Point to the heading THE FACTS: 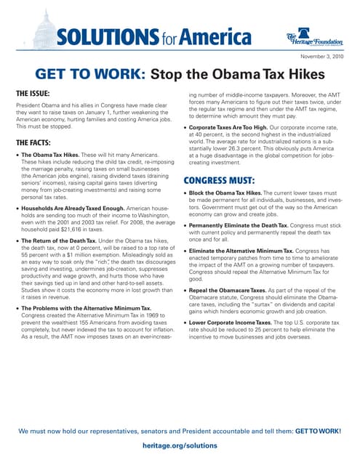click(x=35, y=142)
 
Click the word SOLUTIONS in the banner click(x=107, y=36)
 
